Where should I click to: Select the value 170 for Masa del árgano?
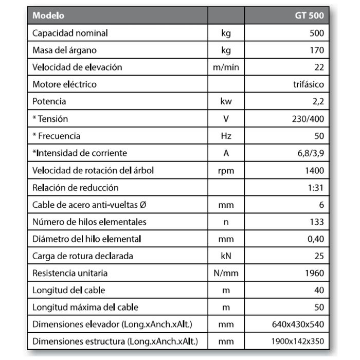click(x=317, y=50)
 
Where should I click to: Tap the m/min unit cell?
click(x=226, y=67)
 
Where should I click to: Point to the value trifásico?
click(x=307, y=84)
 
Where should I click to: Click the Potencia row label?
click(x=49, y=101)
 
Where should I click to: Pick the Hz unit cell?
click(x=226, y=136)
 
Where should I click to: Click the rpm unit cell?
click(x=226, y=170)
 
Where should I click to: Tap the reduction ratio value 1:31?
click(x=315, y=187)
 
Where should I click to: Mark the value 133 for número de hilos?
click(x=317, y=222)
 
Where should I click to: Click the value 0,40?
click(x=314, y=239)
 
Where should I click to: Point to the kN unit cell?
click(x=226, y=256)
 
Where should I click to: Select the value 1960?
click(x=314, y=273)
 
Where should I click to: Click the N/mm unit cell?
click(x=226, y=273)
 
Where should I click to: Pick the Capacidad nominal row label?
click(x=69, y=33)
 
